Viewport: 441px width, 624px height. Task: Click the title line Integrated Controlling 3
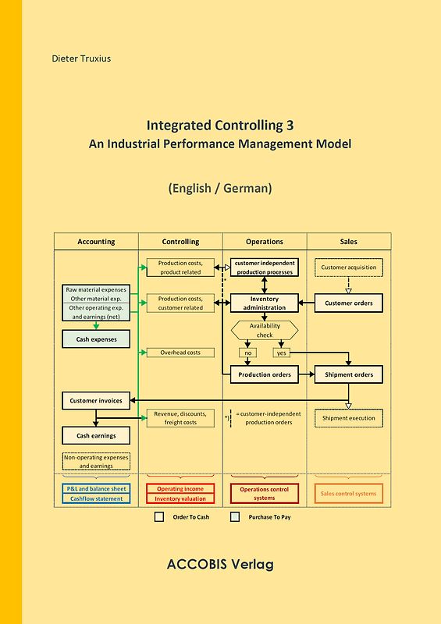pos(219,125)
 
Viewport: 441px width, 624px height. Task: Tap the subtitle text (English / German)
pos(219,188)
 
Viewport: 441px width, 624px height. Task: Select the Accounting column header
pos(96,242)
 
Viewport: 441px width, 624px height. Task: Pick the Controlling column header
pos(180,242)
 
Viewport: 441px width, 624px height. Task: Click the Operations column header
pos(265,242)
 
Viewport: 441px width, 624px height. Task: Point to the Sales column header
pos(349,242)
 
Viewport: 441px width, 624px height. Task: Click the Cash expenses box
pos(96,339)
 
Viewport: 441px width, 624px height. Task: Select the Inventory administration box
pos(265,303)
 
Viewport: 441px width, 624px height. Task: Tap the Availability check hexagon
pos(265,331)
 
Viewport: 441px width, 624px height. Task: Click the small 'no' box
pos(248,353)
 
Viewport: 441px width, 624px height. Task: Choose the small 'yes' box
pos(282,353)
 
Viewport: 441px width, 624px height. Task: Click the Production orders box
pos(265,374)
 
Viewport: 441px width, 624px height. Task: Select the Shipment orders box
pos(349,374)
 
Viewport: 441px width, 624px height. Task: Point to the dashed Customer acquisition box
pos(349,268)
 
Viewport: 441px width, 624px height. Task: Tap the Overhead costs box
pos(180,353)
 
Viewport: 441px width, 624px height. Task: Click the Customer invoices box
pos(96,401)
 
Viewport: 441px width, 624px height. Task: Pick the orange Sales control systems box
pos(349,493)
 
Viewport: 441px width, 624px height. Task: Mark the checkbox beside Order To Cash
pos(159,516)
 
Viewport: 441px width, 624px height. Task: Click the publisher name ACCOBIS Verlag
pos(220,564)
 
